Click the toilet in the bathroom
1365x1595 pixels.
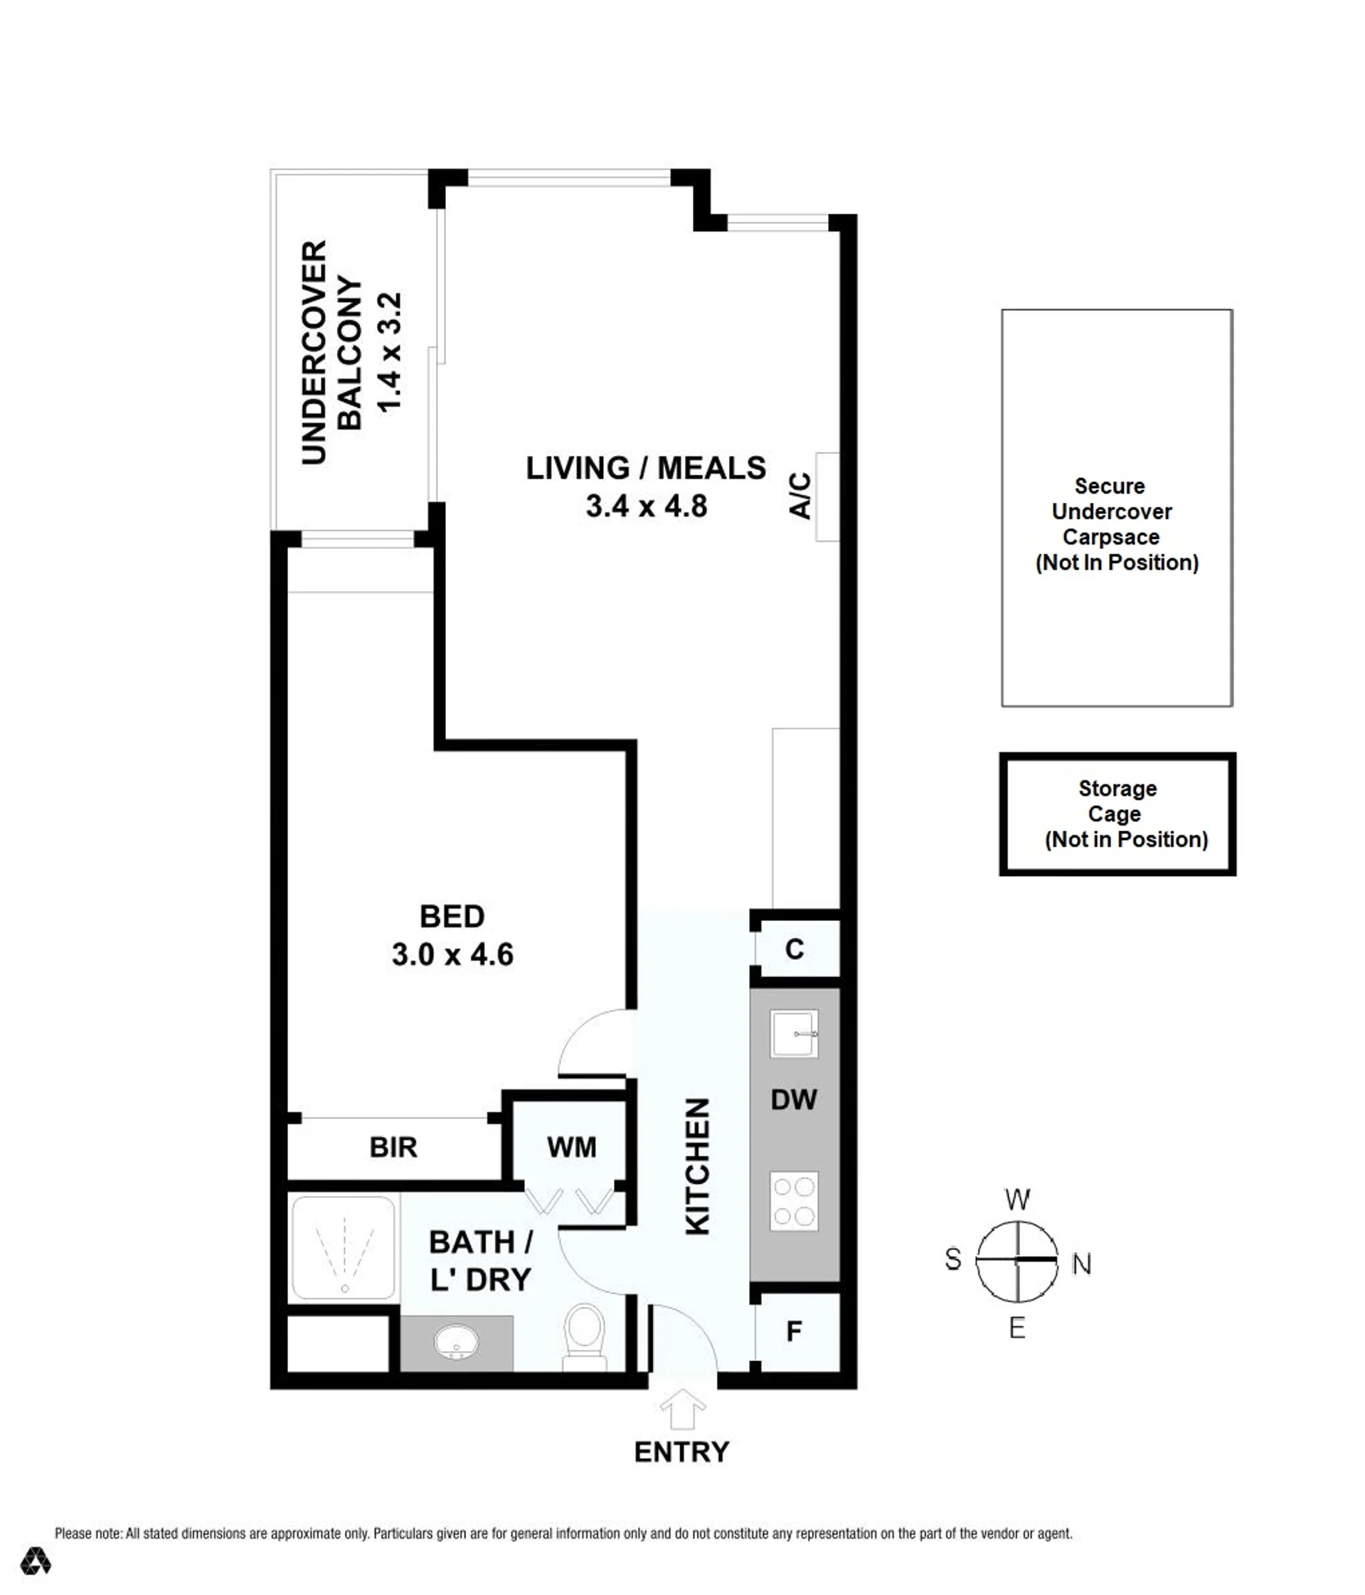[x=585, y=1337]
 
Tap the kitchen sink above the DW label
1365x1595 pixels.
[x=794, y=1034]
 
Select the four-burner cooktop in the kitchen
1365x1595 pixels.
[x=794, y=1201]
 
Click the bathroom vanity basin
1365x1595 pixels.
[x=457, y=1343]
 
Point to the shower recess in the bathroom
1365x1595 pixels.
[x=344, y=1248]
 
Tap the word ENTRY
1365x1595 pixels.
[x=681, y=1452]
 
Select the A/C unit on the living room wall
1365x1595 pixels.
[x=827, y=496]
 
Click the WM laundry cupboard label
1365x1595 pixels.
[x=571, y=1147]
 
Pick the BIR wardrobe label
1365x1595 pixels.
[x=393, y=1147]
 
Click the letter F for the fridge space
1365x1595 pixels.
[x=794, y=1331]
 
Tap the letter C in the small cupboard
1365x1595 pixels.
[x=795, y=949]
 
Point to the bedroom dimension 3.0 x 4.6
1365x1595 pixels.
[x=452, y=954]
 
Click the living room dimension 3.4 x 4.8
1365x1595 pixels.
[x=647, y=506]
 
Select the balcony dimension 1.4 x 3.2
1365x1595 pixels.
[x=390, y=352]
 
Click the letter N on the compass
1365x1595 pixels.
[x=1082, y=1264]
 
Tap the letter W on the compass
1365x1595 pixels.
[x=1018, y=1200]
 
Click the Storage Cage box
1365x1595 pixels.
[x=1117, y=813]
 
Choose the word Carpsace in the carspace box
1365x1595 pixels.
[x=1111, y=537]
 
